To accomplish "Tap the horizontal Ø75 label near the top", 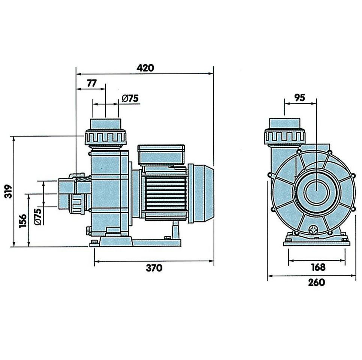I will click(x=130, y=98).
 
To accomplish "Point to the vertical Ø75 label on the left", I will click(x=37, y=216).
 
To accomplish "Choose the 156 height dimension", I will click(x=22, y=221).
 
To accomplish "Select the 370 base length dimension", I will click(x=154, y=268).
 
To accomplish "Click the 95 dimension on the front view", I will click(x=300, y=97).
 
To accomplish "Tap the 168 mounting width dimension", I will click(x=318, y=267).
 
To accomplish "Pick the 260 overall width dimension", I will click(x=317, y=282).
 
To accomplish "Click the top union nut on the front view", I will click(x=285, y=136).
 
